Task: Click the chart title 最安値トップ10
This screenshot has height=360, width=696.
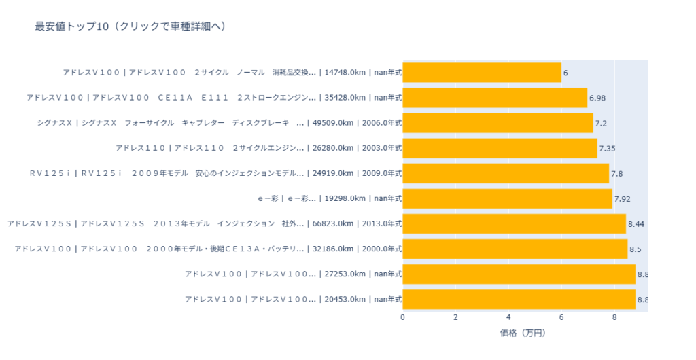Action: pos(130,26)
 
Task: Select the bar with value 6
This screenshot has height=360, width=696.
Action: pos(482,73)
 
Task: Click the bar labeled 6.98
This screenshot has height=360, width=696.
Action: pos(495,98)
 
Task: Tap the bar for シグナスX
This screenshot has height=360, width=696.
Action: pos(498,123)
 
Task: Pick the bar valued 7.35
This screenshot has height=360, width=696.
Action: pos(500,148)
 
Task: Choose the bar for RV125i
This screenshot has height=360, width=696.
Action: pos(506,173)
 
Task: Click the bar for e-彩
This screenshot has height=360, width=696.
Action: pos(507,198)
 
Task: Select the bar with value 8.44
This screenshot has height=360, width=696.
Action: pos(514,223)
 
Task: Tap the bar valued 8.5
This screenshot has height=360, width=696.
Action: pos(515,249)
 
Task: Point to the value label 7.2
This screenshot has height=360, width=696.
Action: pos(601,123)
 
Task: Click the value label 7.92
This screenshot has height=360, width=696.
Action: pos(623,198)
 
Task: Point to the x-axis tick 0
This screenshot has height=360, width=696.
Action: pos(403,317)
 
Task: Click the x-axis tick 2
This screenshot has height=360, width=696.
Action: pos(456,317)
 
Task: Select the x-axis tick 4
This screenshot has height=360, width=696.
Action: pos(508,317)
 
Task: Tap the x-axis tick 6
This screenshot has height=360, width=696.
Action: pos(561,317)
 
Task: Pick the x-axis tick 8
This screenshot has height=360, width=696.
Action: pos(614,317)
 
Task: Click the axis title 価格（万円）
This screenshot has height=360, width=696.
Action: pos(523,334)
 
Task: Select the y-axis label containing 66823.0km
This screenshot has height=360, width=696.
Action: pos(205,223)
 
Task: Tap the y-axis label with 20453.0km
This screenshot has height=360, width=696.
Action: pos(293,299)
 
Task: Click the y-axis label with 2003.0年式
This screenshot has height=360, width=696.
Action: pos(258,148)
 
